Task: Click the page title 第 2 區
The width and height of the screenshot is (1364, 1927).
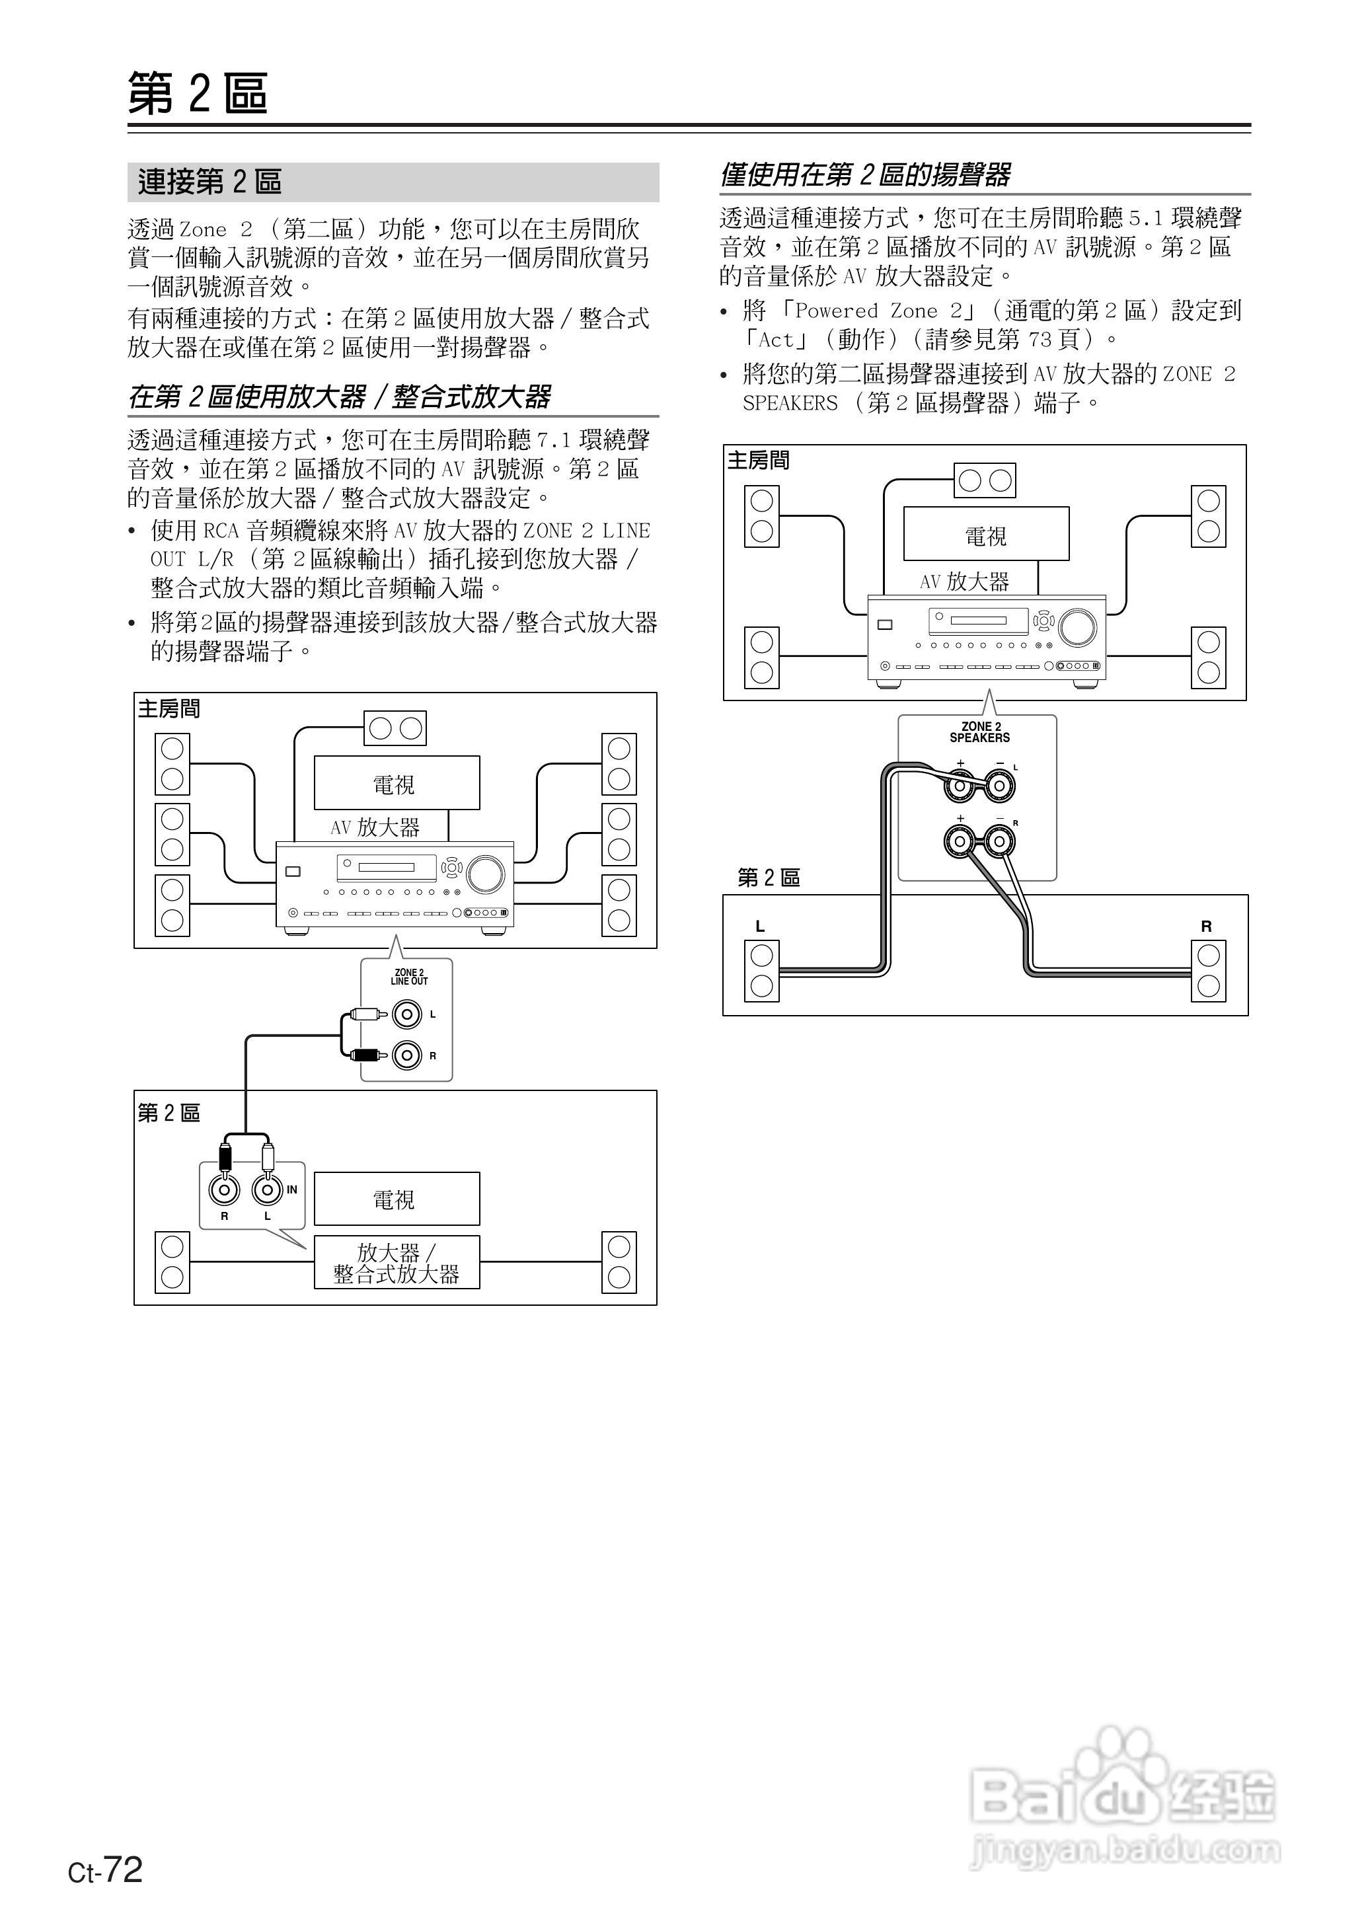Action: [x=198, y=93]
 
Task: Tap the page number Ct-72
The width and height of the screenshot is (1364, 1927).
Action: [x=106, y=1868]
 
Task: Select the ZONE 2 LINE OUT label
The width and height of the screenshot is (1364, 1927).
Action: [x=409, y=977]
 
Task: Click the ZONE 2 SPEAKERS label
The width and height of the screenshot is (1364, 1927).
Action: [x=979, y=732]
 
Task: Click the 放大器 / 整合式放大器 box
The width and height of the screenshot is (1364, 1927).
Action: [x=397, y=1263]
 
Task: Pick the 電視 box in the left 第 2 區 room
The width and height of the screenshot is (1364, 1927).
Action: [x=397, y=1199]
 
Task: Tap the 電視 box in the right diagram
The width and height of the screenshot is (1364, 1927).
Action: [x=986, y=534]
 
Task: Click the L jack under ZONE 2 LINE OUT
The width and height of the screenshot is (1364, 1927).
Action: [x=407, y=1014]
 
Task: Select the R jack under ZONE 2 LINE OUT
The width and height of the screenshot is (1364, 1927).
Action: [x=407, y=1055]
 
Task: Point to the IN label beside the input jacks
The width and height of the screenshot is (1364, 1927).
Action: [x=291, y=1190]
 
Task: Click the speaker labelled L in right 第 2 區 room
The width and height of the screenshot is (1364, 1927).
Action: [x=762, y=971]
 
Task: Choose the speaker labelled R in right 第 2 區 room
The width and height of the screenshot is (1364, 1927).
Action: [x=1208, y=971]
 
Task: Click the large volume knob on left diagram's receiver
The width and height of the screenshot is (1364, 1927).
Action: [x=486, y=874]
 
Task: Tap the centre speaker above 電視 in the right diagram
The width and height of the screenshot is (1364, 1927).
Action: [x=985, y=480]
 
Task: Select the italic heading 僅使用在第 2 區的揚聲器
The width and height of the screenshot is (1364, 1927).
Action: [x=865, y=174]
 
